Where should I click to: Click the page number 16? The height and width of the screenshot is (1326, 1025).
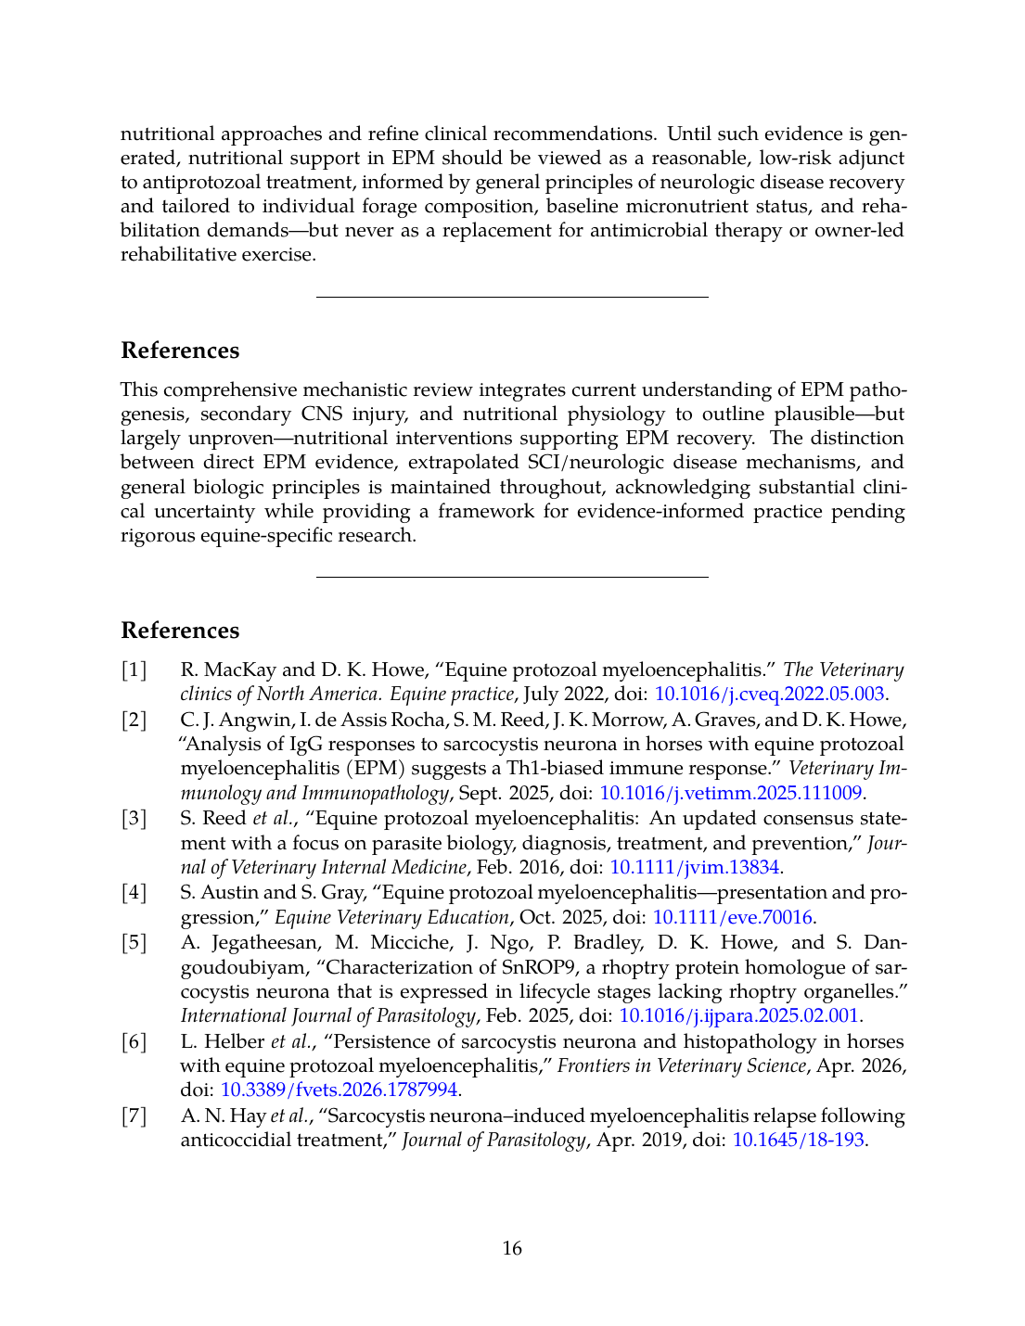[x=512, y=1248]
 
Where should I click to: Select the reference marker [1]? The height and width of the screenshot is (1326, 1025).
[x=135, y=669]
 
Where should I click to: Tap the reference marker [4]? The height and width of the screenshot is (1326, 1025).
[x=135, y=892]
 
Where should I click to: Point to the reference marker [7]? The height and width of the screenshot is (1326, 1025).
[x=135, y=1116]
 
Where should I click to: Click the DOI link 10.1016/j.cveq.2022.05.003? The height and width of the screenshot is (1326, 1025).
[x=769, y=694]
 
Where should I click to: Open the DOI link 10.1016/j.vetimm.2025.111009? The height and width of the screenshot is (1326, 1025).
[x=731, y=793]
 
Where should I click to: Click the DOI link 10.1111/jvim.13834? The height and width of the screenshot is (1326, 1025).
[x=694, y=867]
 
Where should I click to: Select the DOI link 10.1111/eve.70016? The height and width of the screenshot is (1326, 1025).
[x=733, y=917]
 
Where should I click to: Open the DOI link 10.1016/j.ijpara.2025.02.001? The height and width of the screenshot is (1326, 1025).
[x=738, y=1015]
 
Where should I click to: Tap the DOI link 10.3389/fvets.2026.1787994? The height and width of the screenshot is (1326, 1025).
[x=339, y=1090]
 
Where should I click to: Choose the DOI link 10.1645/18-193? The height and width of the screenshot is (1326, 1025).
[x=798, y=1140]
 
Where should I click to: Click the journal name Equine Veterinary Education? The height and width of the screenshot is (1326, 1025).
[x=391, y=917]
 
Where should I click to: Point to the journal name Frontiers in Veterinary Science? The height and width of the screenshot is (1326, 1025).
[x=681, y=1065]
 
